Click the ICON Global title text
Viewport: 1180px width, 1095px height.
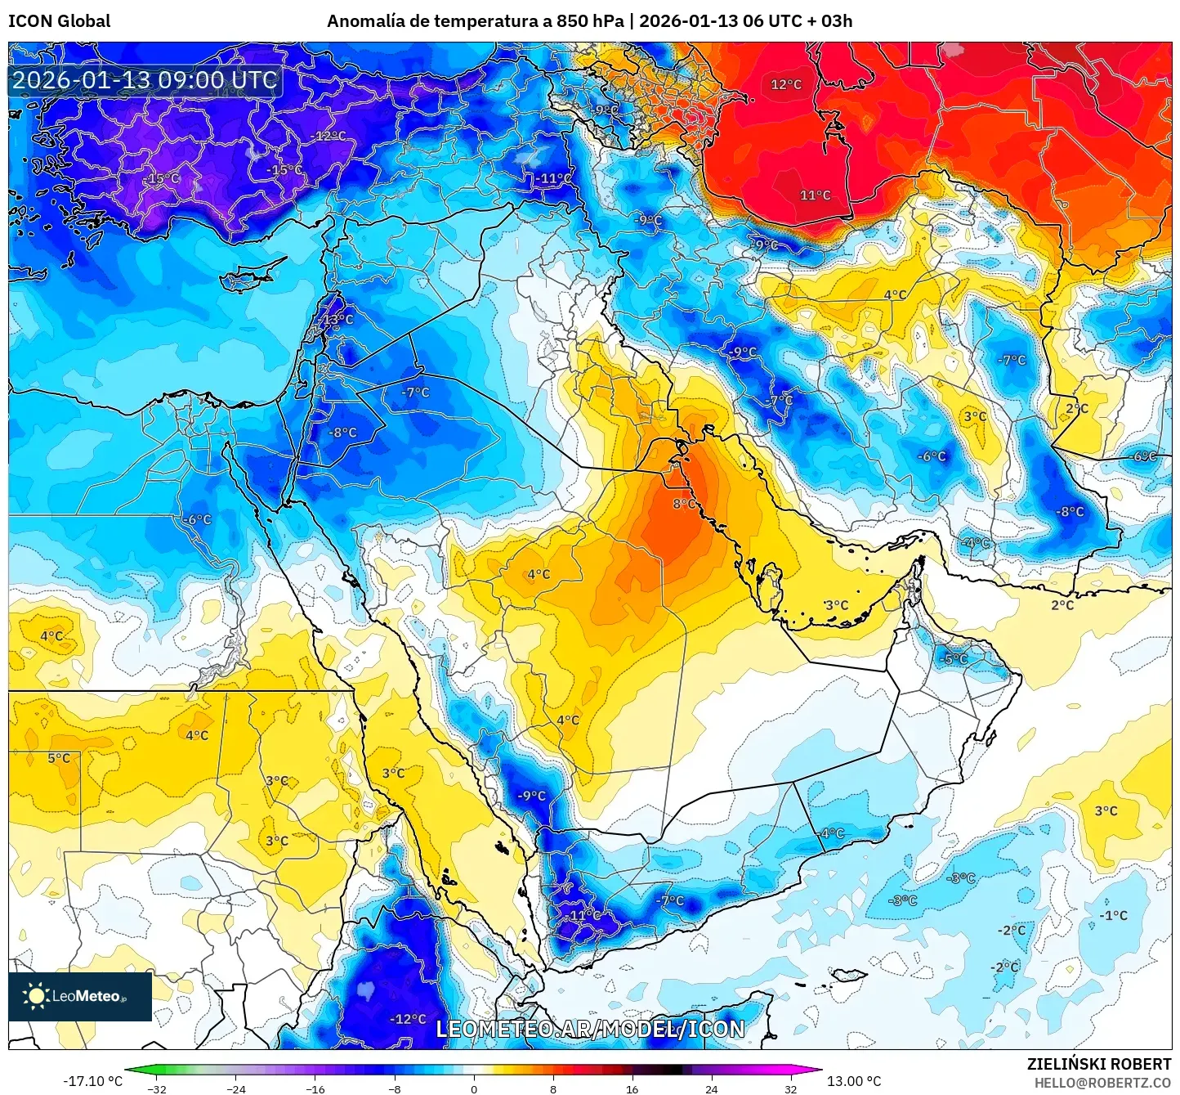click(59, 21)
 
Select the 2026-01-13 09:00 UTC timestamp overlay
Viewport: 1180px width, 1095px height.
click(145, 80)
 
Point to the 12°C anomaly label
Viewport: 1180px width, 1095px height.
click(786, 84)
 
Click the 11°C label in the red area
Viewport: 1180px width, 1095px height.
click(815, 195)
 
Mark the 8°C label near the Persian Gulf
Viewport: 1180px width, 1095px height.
click(685, 504)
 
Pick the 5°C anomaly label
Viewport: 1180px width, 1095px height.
click(59, 758)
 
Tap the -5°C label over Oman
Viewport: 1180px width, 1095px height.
click(954, 659)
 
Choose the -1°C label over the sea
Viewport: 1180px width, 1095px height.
click(1113, 915)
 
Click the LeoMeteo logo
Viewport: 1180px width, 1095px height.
click(80, 996)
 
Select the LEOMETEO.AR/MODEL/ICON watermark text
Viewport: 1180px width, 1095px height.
click(590, 1029)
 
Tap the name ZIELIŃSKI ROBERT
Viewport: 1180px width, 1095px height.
click(1099, 1064)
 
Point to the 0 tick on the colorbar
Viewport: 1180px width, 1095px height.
click(474, 1088)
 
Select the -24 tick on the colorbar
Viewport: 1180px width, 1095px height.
click(235, 1088)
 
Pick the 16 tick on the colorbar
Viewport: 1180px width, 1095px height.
click(632, 1088)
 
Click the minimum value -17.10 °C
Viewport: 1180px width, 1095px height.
click(92, 1081)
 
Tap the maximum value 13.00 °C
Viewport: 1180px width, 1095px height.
click(854, 1081)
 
